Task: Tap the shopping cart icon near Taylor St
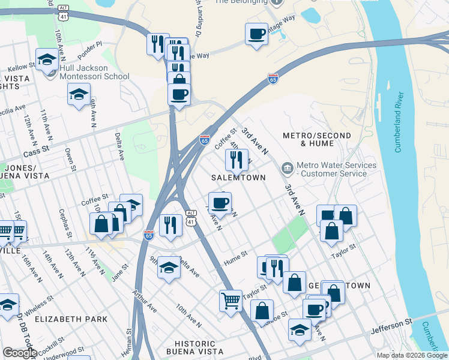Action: coord(231,300)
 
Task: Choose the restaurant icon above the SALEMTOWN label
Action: coord(236,160)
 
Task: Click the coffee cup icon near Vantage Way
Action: coord(256,34)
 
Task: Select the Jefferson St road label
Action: coord(391,324)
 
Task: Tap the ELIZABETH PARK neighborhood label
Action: coord(71,319)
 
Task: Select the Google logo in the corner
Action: coord(20,353)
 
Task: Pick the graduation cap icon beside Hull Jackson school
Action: coord(47,59)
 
